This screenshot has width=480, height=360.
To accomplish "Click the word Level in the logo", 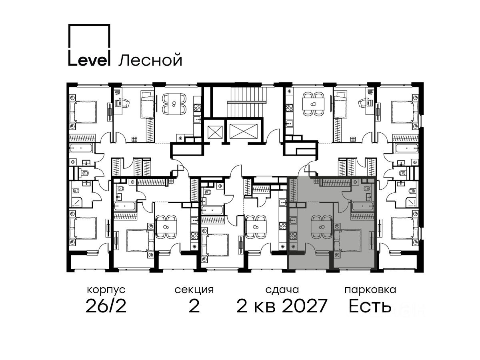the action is [89, 58].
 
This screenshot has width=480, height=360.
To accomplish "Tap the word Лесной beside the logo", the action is [150, 60].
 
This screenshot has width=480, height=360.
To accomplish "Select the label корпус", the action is [106, 290].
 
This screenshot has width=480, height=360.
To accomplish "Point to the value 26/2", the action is [106, 306].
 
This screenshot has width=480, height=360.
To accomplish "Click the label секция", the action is [194, 290].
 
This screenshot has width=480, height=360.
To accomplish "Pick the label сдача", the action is [282, 290].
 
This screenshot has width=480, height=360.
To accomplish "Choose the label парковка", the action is [370, 290].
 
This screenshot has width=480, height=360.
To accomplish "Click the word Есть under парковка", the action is [370, 306].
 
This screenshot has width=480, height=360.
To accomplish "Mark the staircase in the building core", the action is [247, 102].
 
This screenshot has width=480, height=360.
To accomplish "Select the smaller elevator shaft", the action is [215, 132].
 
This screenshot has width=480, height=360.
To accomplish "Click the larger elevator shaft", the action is [244, 131].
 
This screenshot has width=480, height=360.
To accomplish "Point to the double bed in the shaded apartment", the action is [348, 240].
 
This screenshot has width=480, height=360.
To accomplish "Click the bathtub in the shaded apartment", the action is [362, 206].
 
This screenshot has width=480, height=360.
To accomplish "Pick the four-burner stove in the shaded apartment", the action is [293, 236].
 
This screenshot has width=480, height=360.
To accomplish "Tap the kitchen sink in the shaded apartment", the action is [293, 220].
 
